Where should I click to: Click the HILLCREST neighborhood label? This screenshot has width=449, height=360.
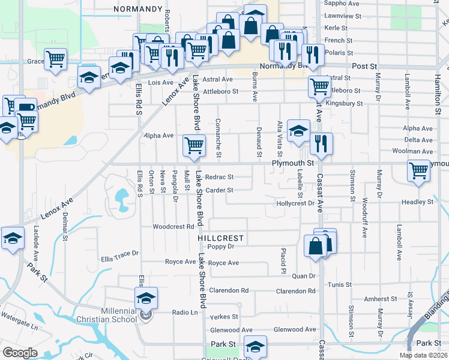pos(221,238)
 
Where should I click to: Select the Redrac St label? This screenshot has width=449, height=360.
pos(218,177)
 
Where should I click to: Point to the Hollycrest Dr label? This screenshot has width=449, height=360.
pos(295,203)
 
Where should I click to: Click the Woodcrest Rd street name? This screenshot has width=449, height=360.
pos(173,227)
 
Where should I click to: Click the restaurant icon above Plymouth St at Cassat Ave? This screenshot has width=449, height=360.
pos(321,143)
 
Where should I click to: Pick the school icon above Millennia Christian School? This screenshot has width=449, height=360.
pos(146,298)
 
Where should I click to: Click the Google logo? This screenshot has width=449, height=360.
pos(20,353)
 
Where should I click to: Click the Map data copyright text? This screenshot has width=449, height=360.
pos(423,355)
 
